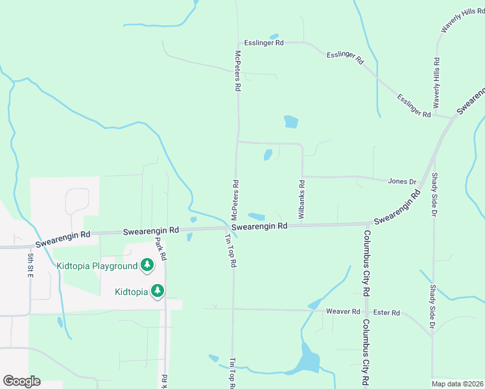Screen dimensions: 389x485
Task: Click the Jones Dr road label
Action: [402, 182]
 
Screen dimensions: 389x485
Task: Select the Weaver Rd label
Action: [342, 312]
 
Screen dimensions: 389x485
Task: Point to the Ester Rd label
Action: [386, 312]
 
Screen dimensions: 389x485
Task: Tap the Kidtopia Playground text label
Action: [97, 266]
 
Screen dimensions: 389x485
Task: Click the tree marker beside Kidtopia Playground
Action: [148, 265]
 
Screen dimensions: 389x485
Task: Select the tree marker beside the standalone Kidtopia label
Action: [157, 291]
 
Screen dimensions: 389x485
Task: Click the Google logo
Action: [21, 381]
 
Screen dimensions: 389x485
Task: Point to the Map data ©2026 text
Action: [457, 383]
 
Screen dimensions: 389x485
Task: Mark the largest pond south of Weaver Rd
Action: [309, 360]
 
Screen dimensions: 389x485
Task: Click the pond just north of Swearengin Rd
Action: [257, 217]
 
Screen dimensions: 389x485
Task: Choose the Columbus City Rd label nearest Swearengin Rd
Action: [366, 255]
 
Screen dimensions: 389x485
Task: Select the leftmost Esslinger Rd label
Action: [264, 43]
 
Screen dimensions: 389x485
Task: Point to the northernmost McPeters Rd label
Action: [238, 70]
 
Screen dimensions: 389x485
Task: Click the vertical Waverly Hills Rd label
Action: [436, 83]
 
